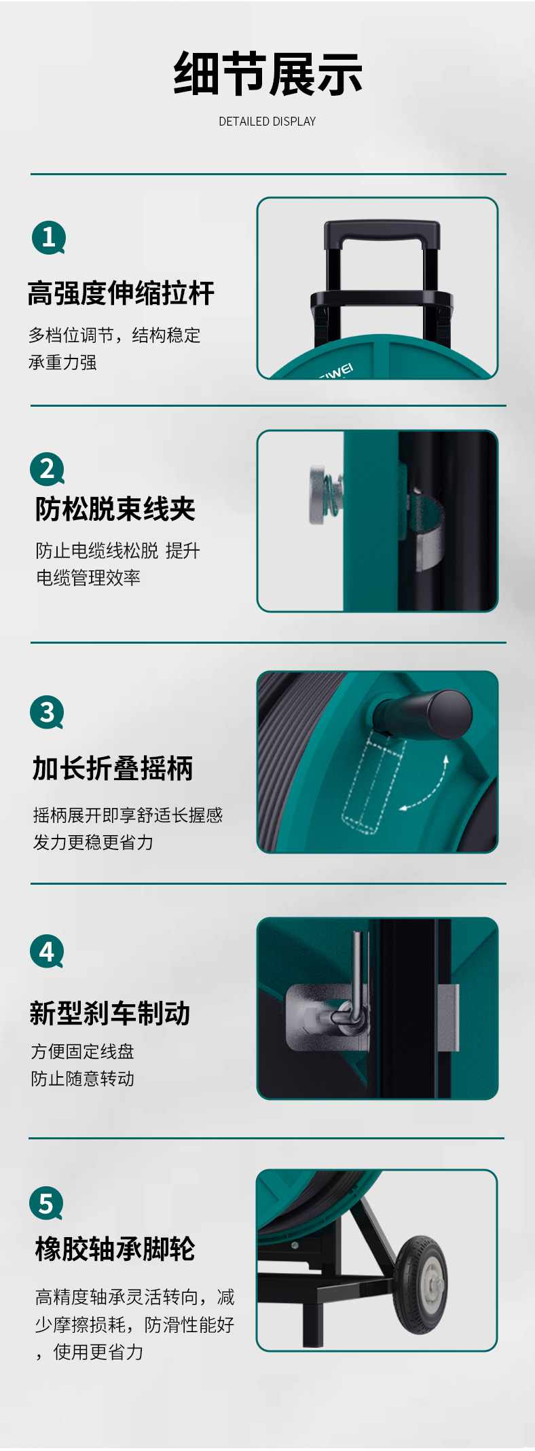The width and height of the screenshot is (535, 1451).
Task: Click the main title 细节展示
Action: pos(267,74)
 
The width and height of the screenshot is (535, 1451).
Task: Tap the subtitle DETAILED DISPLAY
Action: pos(267,122)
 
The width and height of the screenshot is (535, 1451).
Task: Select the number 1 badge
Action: pos(48,238)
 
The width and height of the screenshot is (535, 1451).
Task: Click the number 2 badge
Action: pos(47,469)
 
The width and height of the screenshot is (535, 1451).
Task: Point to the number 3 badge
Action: pos(47,712)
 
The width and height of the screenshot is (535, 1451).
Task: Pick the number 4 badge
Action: pos(47,952)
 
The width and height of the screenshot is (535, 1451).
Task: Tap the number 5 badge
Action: pos(46,1203)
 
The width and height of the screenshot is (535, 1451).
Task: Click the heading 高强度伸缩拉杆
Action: pos(121,293)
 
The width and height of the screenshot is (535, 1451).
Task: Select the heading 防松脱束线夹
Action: pos(115,509)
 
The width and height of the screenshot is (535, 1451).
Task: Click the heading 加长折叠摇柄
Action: pos(113,769)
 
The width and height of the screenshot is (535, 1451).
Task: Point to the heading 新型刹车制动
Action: pos(110,1013)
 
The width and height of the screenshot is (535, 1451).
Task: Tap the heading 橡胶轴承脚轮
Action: pos(115,1249)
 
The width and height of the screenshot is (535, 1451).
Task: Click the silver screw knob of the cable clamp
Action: pos(319,494)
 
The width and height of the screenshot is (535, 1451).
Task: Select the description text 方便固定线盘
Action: pos(83,1052)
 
